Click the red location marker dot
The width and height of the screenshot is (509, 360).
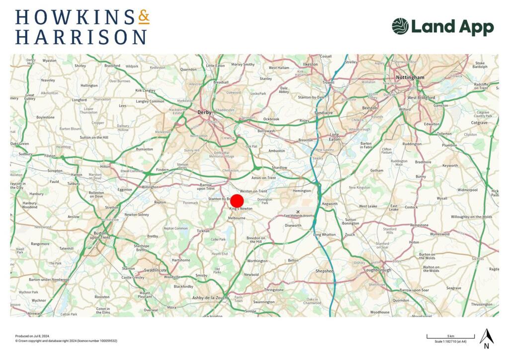[x=237, y=201]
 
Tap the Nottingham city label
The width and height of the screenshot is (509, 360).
[x=410, y=78]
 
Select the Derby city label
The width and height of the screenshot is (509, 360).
[x=204, y=112]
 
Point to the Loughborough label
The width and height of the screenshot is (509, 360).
[x=377, y=270]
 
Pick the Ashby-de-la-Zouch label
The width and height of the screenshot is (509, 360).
[x=209, y=297]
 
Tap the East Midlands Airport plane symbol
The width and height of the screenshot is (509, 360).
[x=298, y=211]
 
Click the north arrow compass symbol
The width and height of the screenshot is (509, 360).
[x=486, y=338]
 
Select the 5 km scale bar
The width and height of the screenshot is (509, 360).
[x=450, y=338]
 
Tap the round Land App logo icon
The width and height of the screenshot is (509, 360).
[x=400, y=26]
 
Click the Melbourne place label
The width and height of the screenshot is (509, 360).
[x=237, y=218]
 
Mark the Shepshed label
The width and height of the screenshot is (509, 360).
[x=325, y=271]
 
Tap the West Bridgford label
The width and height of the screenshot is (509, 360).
[x=421, y=97]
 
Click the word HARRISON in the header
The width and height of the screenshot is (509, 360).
[x=81, y=37]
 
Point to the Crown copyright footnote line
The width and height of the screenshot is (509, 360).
[x=66, y=341]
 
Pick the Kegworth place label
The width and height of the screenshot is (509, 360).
[x=330, y=204]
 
